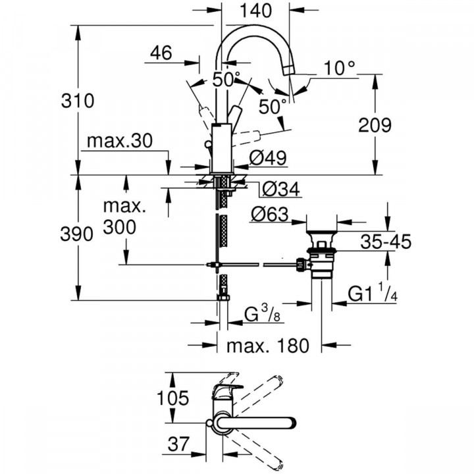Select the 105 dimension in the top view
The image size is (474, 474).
coord(173,398)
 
